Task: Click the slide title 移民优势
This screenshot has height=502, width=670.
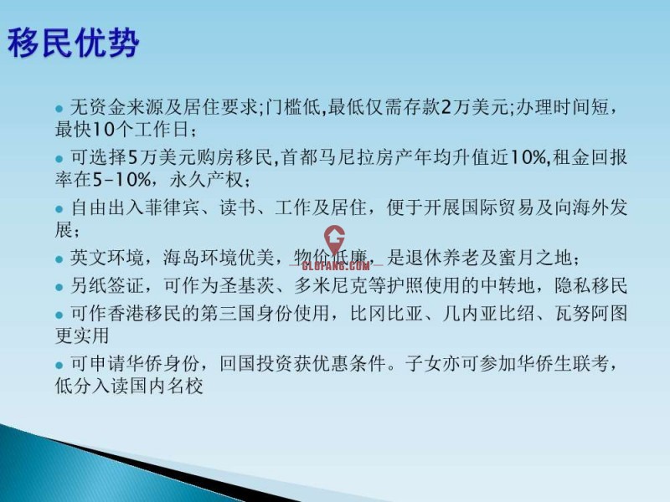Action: (x=74, y=43)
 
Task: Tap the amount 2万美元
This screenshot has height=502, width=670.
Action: (x=474, y=107)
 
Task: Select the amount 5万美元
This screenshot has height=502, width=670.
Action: (x=162, y=157)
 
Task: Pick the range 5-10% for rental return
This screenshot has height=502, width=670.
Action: (x=121, y=180)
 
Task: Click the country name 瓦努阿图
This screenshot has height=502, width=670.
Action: (x=591, y=314)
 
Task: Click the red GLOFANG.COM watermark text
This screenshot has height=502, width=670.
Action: (x=336, y=266)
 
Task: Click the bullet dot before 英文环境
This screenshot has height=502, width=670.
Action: (x=59, y=259)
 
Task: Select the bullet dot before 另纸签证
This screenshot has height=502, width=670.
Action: (x=59, y=287)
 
